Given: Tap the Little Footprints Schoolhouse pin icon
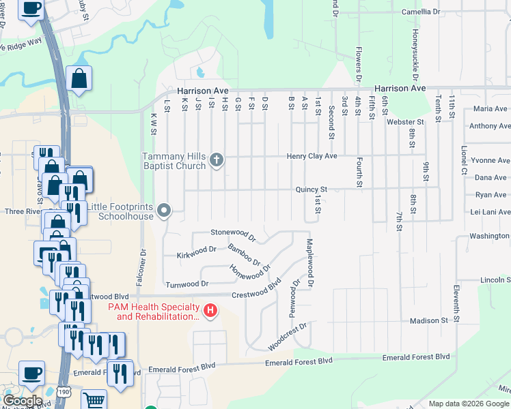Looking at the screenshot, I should pyautogui.click(x=163, y=211).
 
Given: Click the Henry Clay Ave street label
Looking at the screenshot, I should pyautogui.click(x=312, y=156).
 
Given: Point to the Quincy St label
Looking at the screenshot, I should pyautogui.click(x=312, y=190).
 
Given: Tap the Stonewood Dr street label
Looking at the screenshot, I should pyautogui.click(x=233, y=235).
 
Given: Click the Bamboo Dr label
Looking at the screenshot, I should pyautogui.click(x=244, y=254).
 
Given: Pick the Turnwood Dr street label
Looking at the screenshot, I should pyautogui.click(x=187, y=283).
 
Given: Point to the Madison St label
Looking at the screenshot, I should pyautogui.click(x=428, y=320).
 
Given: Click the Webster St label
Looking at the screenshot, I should pyautogui.click(x=406, y=122).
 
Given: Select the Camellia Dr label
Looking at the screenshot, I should pyautogui.click(x=421, y=12).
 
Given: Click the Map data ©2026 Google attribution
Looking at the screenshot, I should pyautogui.click(x=468, y=404).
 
